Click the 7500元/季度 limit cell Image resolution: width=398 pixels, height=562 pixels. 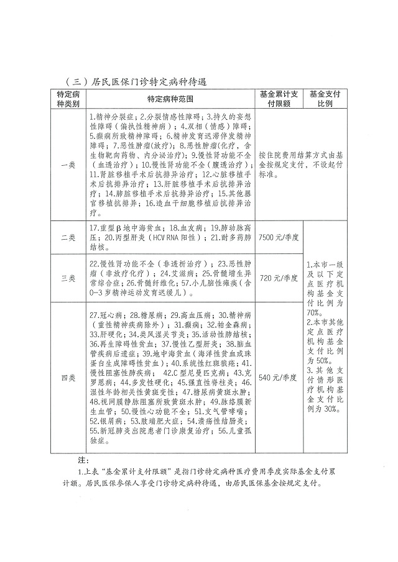tap(279, 237)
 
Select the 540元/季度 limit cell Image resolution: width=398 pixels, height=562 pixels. tap(279, 377)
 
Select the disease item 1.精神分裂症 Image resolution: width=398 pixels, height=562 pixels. tap(114, 116)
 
